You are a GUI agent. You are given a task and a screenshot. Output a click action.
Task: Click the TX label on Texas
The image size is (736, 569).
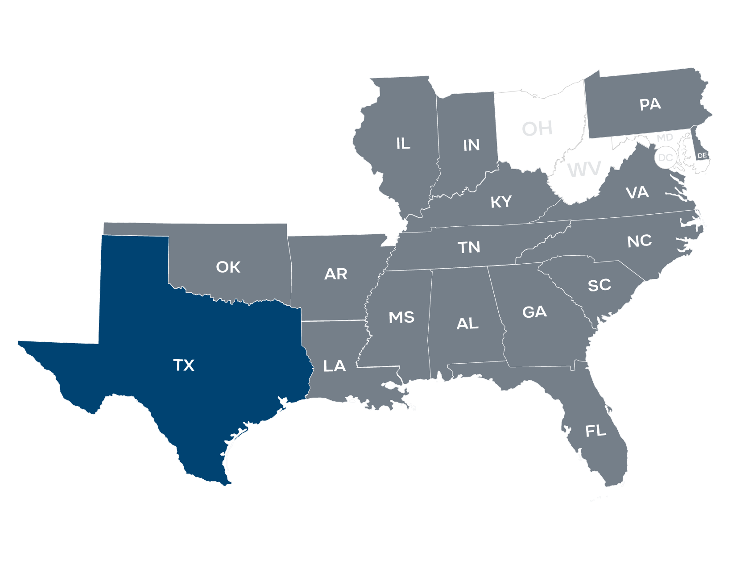point(184,365)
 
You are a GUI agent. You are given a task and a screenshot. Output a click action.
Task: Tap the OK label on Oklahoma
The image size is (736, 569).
point(228,267)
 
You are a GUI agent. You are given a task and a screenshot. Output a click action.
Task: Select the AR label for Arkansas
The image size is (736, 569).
point(335,274)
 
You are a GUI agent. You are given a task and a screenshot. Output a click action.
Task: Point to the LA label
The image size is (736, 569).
point(334,366)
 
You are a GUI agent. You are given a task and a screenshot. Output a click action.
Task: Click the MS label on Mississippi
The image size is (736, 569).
point(401,318)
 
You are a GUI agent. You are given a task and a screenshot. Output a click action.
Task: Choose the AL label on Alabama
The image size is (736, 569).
point(467,324)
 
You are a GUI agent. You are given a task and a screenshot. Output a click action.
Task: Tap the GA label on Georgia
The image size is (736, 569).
point(534,312)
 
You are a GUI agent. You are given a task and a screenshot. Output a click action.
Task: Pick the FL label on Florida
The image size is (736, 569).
point(595,431)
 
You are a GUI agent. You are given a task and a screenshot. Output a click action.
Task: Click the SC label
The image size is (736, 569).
point(599,285)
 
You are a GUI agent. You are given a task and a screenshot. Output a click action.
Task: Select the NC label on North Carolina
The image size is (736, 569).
point(639,241)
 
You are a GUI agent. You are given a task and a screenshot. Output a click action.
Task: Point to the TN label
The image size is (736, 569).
point(469,247)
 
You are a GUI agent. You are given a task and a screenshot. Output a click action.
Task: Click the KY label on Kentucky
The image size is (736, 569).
point(501,202)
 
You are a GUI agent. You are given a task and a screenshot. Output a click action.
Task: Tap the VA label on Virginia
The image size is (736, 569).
point(637,193)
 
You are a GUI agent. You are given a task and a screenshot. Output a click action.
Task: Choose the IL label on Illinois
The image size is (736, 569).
point(403,144)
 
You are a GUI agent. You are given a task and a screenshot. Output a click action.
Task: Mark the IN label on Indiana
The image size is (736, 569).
point(471,145)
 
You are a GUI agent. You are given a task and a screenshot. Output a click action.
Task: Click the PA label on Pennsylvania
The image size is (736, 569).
point(650,104)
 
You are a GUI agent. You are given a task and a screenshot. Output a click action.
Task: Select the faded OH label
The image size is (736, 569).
point(538,129)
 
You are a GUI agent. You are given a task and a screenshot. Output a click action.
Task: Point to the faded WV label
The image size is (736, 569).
point(584,170)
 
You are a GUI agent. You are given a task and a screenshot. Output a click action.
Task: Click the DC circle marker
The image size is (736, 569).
point(665,158)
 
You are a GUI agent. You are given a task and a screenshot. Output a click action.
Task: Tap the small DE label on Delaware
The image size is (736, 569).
point(702,155)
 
